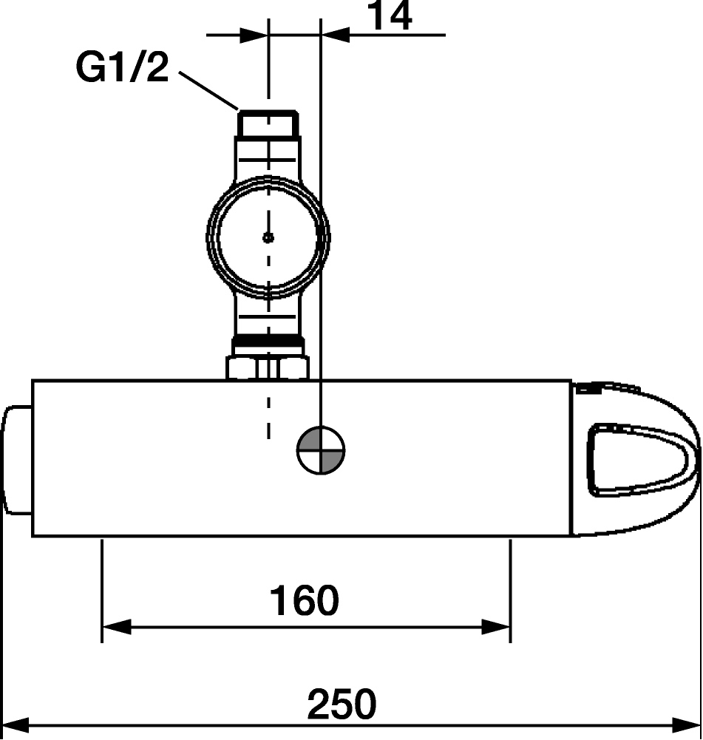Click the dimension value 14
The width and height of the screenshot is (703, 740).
pyautogui.click(x=390, y=16)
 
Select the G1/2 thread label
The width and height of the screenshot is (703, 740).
pyautogui.click(x=122, y=67)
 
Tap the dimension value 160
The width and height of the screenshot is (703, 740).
pyautogui.click(x=304, y=600)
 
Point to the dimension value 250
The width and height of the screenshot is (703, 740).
pyautogui.click(x=342, y=704)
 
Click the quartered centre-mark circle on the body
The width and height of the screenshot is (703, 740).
pyautogui.click(x=321, y=450)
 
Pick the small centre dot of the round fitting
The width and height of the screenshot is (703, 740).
pyautogui.click(x=268, y=237)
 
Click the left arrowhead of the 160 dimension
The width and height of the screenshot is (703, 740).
pyautogui.click(x=116, y=627)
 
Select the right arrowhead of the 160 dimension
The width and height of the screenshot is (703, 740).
pyautogui.click(x=496, y=627)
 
